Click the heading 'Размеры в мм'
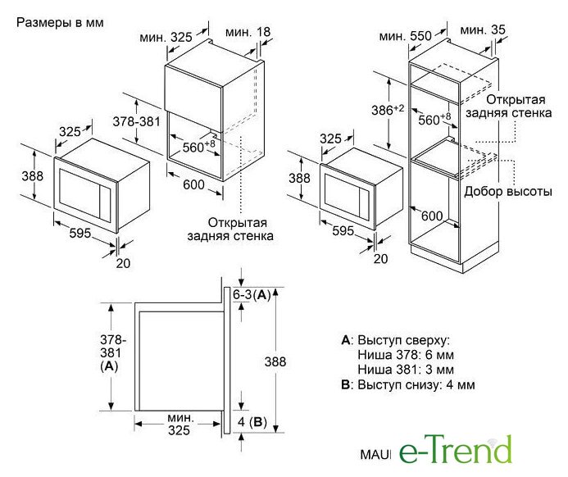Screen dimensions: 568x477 [60, 23]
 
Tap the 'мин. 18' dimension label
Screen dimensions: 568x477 [248, 32]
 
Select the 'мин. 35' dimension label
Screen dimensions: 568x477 [483, 30]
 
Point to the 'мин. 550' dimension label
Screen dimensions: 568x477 [406, 36]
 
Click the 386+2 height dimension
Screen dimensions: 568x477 [388, 110]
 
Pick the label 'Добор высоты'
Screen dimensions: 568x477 [508, 191]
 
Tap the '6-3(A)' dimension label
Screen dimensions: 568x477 [252, 295]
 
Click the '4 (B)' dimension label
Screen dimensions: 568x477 [252, 421]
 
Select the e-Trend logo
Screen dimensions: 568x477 [456, 449]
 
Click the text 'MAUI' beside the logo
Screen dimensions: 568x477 [375, 455]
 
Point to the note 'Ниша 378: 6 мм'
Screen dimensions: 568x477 [406, 355]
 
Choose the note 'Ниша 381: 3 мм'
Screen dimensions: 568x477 [406, 370]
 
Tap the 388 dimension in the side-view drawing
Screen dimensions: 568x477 [275, 361]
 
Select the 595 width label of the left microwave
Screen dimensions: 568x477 [80, 233]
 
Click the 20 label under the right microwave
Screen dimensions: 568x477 [380, 259]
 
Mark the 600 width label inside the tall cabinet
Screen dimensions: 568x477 [432, 216]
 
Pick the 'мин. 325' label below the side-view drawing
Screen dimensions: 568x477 [179, 424]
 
